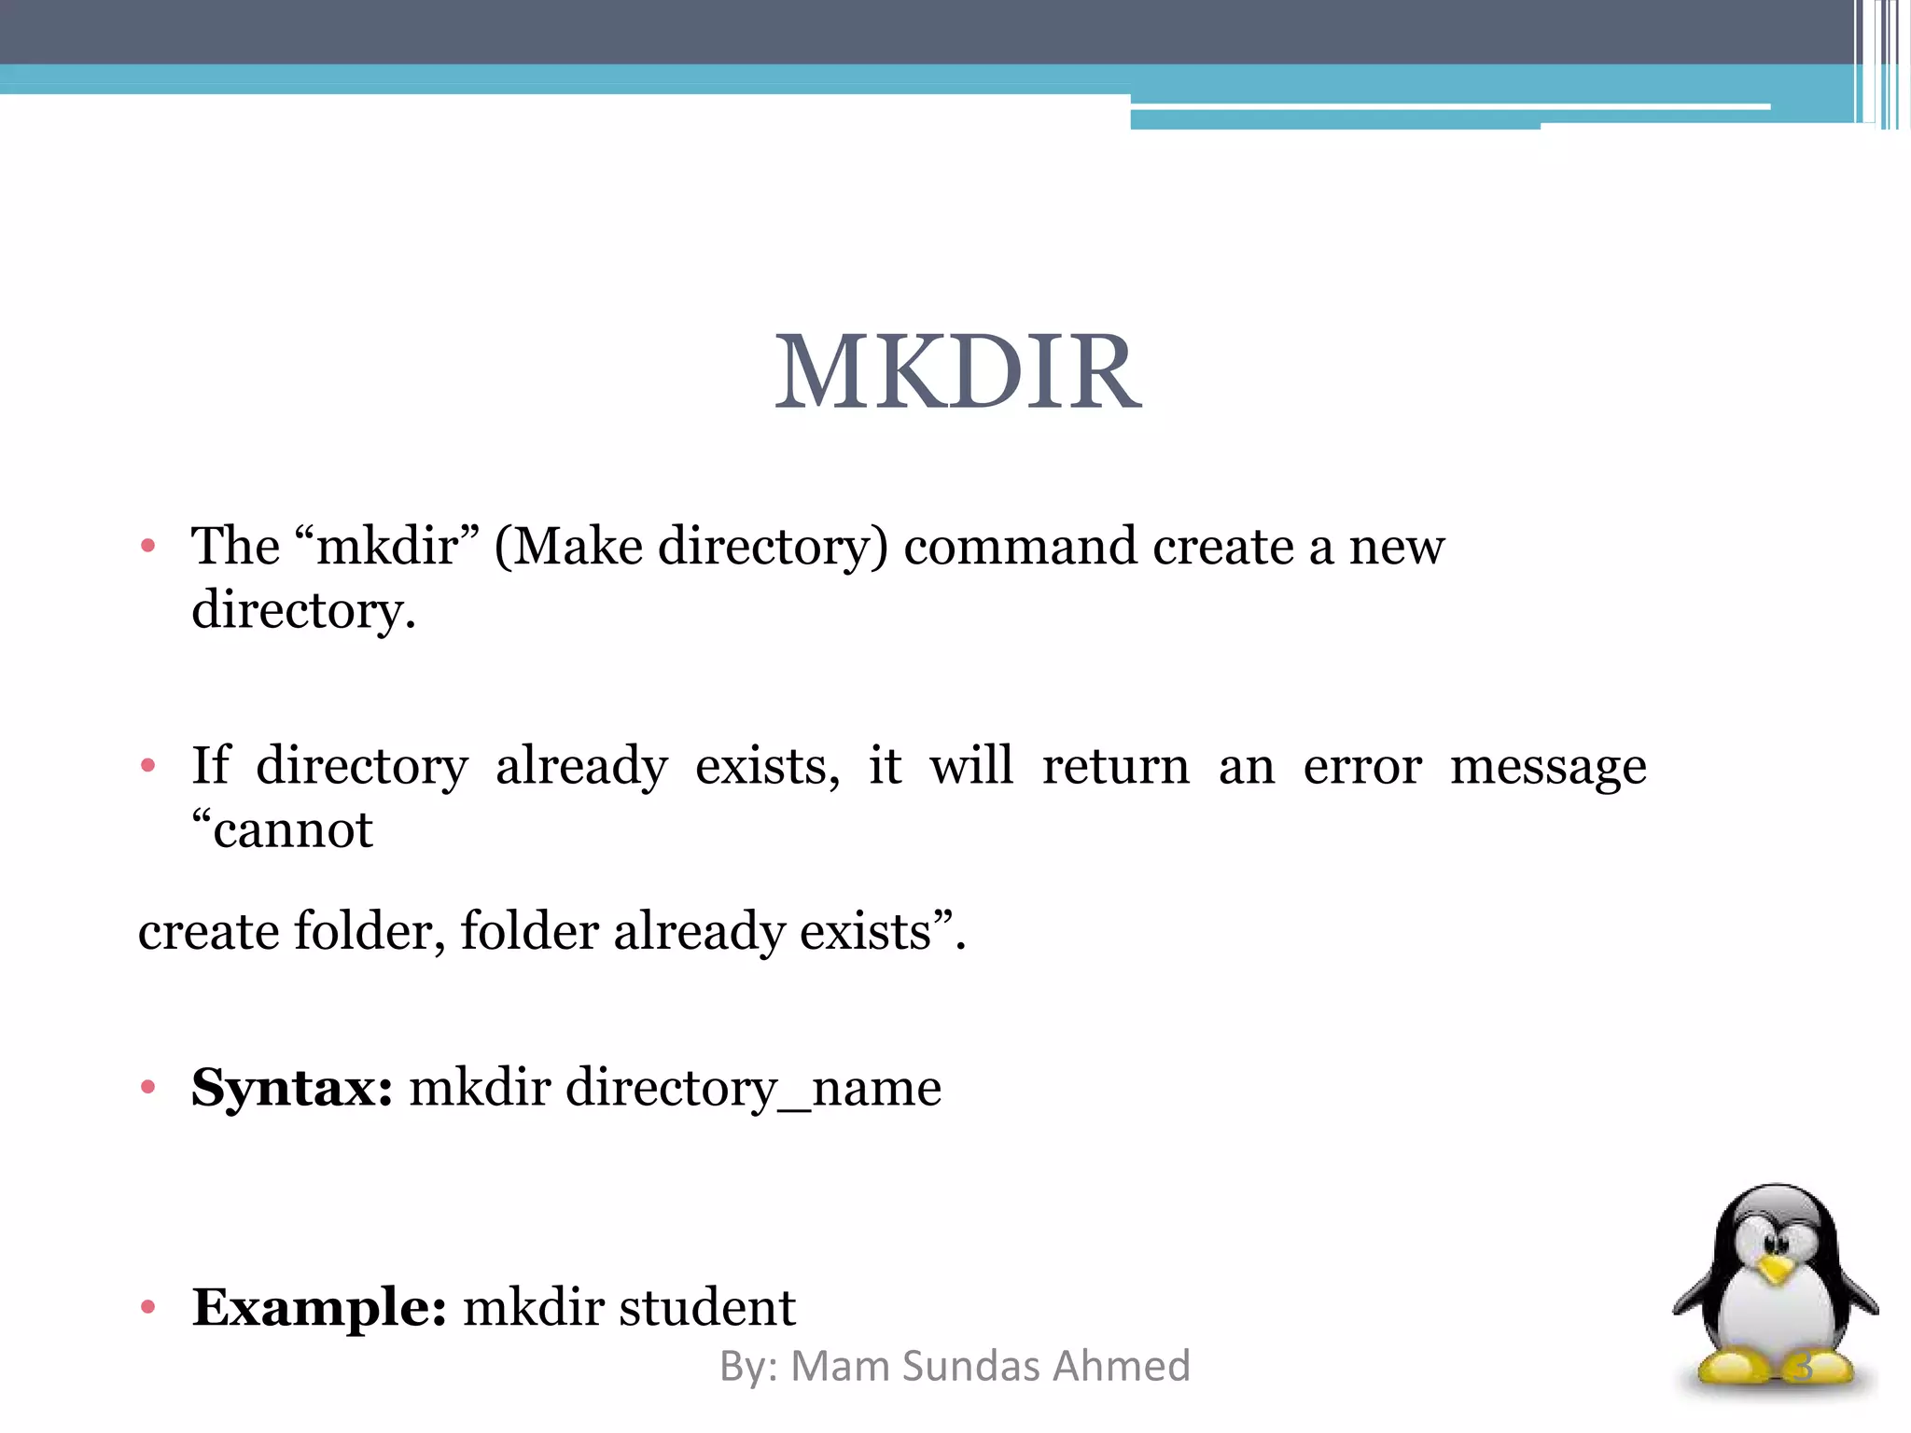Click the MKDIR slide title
click(957, 373)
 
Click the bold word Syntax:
click(292, 1088)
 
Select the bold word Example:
click(319, 1307)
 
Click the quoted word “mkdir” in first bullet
click(386, 546)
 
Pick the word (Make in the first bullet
click(568, 548)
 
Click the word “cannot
click(283, 829)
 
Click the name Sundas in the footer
click(970, 1366)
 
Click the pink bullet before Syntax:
click(147, 1087)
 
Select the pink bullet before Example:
click(147, 1307)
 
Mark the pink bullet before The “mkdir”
click(147, 546)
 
